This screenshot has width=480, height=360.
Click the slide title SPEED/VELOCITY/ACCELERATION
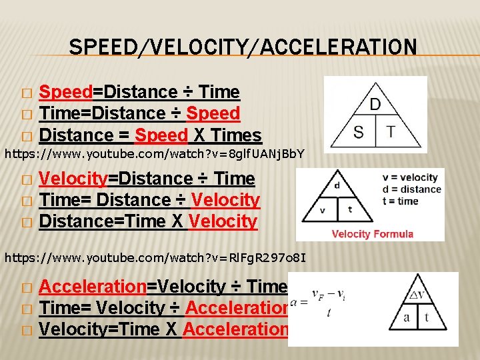243,47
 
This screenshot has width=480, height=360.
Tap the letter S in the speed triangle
359,131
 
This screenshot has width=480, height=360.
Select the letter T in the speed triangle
390,131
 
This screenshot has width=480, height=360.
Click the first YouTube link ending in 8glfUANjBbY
155,154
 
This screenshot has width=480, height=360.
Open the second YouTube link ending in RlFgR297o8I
155,255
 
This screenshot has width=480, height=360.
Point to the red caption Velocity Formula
372,233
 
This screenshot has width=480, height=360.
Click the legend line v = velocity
409,177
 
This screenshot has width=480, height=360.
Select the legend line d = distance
411,189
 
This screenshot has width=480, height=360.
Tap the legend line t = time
400,201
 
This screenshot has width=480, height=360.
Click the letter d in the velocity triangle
337,186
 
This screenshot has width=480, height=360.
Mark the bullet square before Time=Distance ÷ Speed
26,115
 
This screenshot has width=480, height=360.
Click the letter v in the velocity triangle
322,210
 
